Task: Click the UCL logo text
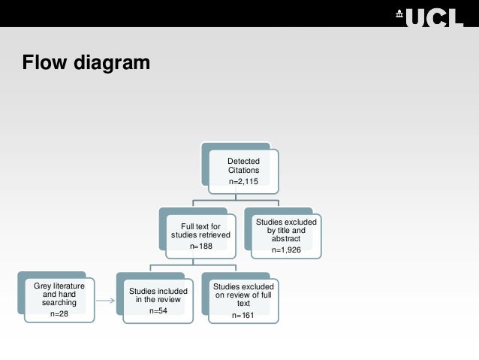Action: (434, 16)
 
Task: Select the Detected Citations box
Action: (243, 170)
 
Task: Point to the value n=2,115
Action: (243, 182)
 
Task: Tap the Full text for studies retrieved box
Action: (200, 234)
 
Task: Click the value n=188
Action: (200, 246)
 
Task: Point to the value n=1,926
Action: (286, 250)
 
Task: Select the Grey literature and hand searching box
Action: (59, 299)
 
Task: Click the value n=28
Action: (59, 314)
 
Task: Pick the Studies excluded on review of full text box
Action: (243, 299)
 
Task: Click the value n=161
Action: (243, 315)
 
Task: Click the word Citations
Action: (243, 171)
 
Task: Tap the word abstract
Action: (286, 239)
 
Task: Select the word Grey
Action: (43, 286)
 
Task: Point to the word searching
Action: (59, 303)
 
